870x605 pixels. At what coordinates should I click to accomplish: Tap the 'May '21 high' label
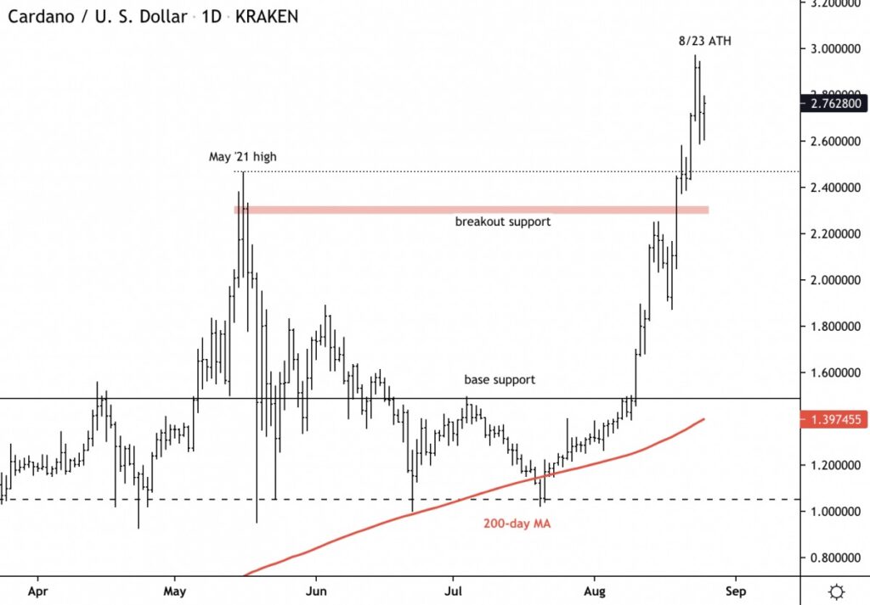click(x=242, y=157)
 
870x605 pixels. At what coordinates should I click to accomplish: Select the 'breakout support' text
click(x=503, y=222)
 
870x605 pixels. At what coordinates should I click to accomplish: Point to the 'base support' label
click(x=500, y=380)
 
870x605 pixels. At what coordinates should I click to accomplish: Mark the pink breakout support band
click(x=476, y=209)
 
